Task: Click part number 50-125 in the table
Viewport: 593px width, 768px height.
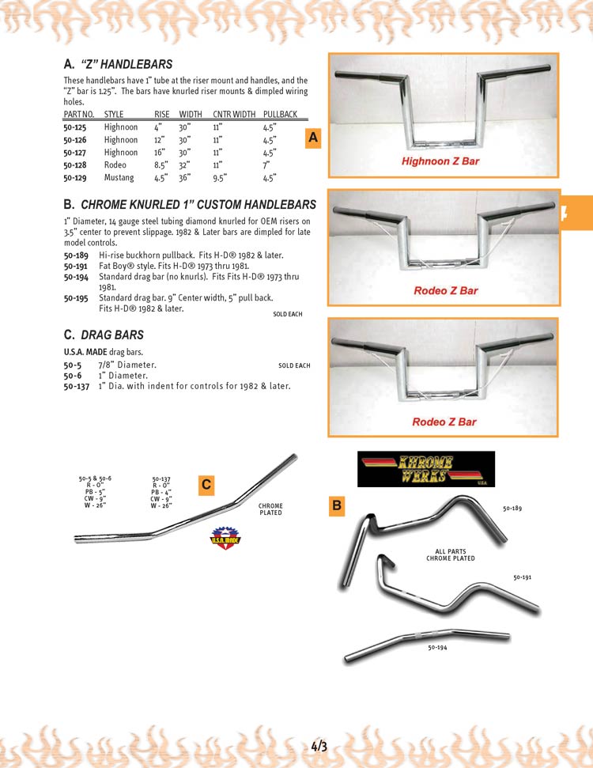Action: (75, 127)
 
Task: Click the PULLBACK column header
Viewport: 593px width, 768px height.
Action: (280, 115)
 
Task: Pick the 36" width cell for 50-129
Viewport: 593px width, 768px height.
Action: (187, 178)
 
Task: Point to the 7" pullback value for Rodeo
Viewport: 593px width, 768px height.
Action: (268, 165)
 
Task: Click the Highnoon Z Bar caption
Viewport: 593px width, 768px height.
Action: (440, 161)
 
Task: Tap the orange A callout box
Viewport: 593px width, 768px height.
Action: (313, 138)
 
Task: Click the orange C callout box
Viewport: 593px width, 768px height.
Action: (206, 485)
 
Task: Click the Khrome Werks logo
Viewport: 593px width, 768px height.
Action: (426, 468)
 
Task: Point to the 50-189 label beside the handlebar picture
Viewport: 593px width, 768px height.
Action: (512, 509)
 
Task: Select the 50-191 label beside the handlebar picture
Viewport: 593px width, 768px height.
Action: (522, 578)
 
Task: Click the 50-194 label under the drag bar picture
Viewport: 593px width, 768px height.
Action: (437, 648)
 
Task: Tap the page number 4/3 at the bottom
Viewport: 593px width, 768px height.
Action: (319, 746)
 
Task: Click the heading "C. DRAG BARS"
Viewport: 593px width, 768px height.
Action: (104, 335)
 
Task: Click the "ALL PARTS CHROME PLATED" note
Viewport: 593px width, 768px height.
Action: (450, 554)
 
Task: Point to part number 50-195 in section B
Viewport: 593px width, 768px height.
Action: (76, 298)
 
